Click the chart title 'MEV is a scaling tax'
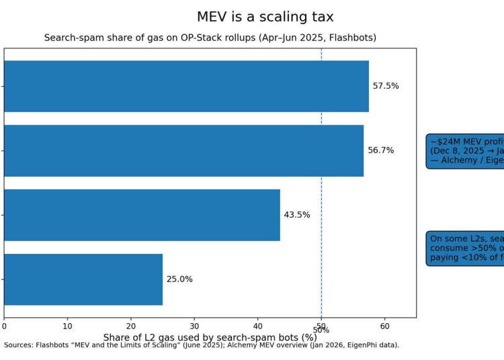265,17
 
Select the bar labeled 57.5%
186,86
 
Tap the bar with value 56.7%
183,150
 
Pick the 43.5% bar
142,215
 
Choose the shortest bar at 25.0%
83,279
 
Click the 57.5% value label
386,86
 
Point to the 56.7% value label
381,150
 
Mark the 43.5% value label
297,215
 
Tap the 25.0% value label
179,279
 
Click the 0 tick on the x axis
4,326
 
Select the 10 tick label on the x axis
67,326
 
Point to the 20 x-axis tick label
131,326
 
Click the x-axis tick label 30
194,326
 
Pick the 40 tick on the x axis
257,326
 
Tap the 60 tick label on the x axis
384,326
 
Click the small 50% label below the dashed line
321,330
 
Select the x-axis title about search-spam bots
210,336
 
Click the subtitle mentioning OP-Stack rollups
210,38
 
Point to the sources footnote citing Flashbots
202,345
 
